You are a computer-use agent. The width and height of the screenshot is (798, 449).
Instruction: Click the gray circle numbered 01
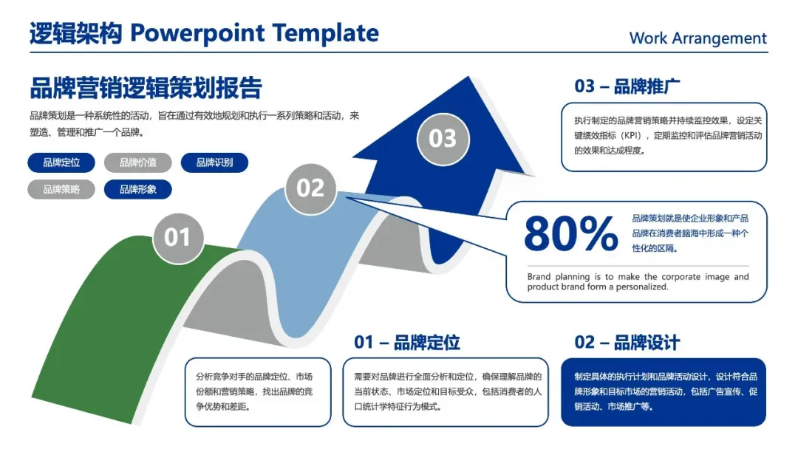click(177, 238)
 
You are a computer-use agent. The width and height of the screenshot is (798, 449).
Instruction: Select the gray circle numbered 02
click(310, 188)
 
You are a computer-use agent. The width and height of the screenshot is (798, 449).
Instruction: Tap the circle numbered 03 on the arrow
click(443, 139)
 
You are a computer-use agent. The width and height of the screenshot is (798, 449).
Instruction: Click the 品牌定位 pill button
click(61, 162)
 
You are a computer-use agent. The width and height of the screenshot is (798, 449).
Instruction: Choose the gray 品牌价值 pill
click(138, 162)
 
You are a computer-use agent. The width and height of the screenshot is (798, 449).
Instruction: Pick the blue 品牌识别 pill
click(214, 162)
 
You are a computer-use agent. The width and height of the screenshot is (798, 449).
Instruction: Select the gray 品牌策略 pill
click(61, 190)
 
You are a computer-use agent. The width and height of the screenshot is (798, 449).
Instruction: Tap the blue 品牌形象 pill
click(138, 190)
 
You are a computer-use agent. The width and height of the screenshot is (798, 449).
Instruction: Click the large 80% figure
click(571, 233)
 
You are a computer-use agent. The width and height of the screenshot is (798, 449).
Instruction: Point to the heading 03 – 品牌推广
click(627, 86)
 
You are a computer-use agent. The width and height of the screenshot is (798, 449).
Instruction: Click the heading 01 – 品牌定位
click(407, 343)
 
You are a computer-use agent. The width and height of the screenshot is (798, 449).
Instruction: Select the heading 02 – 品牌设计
click(627, 343)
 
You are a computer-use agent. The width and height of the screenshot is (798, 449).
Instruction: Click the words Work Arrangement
click(698, 38)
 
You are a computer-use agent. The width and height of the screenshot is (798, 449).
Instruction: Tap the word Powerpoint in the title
click(197, 33)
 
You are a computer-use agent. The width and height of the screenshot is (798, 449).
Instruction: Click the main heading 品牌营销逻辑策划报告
click(146, 88)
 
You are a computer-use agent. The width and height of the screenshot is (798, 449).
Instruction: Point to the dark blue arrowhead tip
click(468, 78)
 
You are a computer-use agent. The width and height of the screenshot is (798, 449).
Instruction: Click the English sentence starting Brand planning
click(638, 281)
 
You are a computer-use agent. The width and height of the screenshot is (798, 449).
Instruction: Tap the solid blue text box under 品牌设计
click(664, 392)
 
